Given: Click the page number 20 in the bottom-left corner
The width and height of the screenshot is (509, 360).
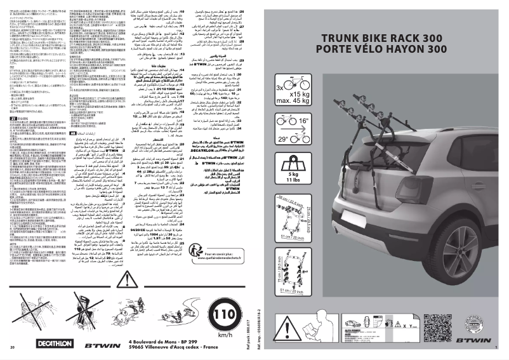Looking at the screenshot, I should [13, 348].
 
